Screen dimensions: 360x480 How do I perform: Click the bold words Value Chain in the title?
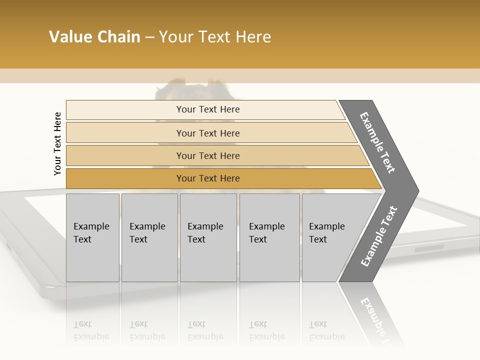coord(94,37)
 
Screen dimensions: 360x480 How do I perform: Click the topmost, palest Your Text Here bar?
coord(207,109)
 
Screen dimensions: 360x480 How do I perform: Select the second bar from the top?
coord(207,133)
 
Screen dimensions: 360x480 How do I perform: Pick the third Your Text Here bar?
coord(207,155)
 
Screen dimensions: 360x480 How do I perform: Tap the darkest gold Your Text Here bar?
coord(207,178)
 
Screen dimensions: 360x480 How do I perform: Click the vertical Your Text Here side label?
coord(57,143)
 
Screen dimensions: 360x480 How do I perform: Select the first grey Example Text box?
coord(92,237)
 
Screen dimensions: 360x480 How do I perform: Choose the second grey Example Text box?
coord(149,237)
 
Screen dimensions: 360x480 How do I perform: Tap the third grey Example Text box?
coord(208,237)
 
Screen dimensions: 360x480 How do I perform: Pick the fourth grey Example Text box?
coord(269,237)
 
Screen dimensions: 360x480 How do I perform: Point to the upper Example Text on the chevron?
coord(378,142)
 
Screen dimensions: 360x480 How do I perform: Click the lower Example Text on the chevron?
coord(379,236)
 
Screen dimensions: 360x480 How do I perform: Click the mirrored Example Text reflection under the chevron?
coord(376,315)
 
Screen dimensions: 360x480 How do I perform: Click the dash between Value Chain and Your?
coord(149,37)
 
